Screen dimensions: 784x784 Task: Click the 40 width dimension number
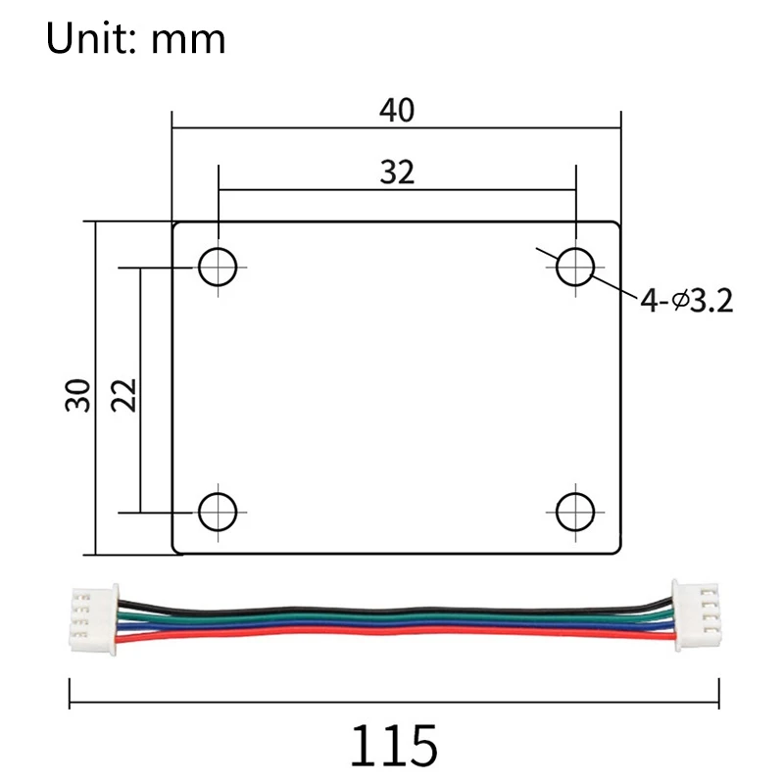397,110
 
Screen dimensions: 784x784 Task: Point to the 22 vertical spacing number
124,394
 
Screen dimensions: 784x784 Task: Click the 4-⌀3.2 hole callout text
687,300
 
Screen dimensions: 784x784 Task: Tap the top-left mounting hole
218,266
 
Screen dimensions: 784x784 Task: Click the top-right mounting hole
575,266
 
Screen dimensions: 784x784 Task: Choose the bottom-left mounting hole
218,511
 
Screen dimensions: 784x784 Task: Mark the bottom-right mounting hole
575,511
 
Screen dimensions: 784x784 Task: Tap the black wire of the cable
392,606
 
